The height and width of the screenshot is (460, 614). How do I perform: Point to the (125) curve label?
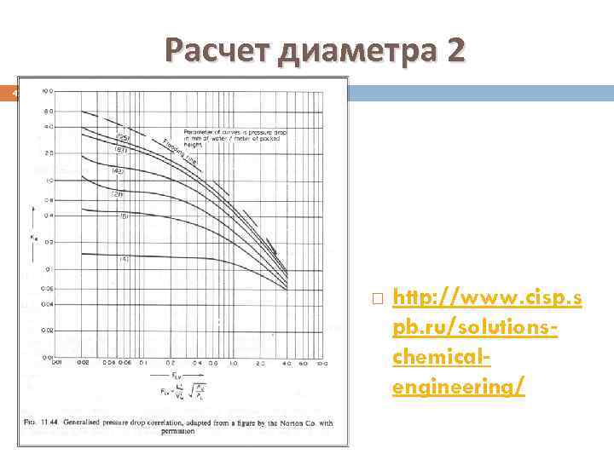coord(123,137)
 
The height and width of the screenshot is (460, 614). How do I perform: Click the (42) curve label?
coord(119,171)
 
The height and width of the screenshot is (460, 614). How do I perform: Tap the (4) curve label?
coord(123,259)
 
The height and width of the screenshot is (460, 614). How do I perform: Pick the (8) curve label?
coord(123,216)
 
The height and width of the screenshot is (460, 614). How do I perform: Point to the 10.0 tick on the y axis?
coord(49,89)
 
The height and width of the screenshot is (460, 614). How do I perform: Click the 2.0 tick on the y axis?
coord(49,153)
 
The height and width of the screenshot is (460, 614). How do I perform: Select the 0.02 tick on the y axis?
coord(49,329)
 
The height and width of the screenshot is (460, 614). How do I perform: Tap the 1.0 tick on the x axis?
coord(233,364)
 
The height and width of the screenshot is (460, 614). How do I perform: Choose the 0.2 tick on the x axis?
coord(171,364)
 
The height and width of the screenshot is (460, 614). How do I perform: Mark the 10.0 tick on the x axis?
coord(321,364)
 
